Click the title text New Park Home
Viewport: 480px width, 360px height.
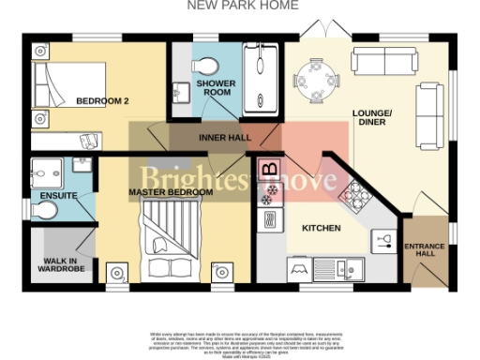(243, 6)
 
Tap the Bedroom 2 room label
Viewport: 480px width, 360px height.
(102, 100)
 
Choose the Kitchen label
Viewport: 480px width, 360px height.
(321, 228)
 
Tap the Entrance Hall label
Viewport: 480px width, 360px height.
(425, 250)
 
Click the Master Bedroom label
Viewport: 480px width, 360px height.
(171, 193)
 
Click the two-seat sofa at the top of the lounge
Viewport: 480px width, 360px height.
(385, 62)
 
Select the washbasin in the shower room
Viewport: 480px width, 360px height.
(181, 93)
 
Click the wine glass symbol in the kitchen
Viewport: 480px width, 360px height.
(382, 241)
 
